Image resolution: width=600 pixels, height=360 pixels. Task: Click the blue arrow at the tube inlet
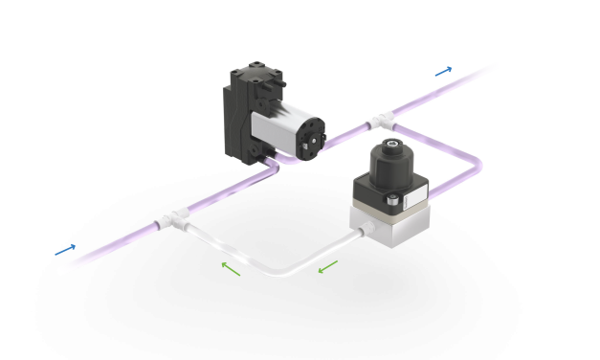[x=65, y=250]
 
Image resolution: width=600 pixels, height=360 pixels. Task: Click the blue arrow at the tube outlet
[x=443, y=71]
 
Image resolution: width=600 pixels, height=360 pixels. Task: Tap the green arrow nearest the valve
[x=327, y=265]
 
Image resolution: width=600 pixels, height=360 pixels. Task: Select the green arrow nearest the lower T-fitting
[x=231, y=268]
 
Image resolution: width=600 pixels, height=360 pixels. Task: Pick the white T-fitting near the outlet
[x=381, y=120]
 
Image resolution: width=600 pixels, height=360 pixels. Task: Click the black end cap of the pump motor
[x=310, y=143]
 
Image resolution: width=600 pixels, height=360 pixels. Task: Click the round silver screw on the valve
[x=393, y=199]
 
